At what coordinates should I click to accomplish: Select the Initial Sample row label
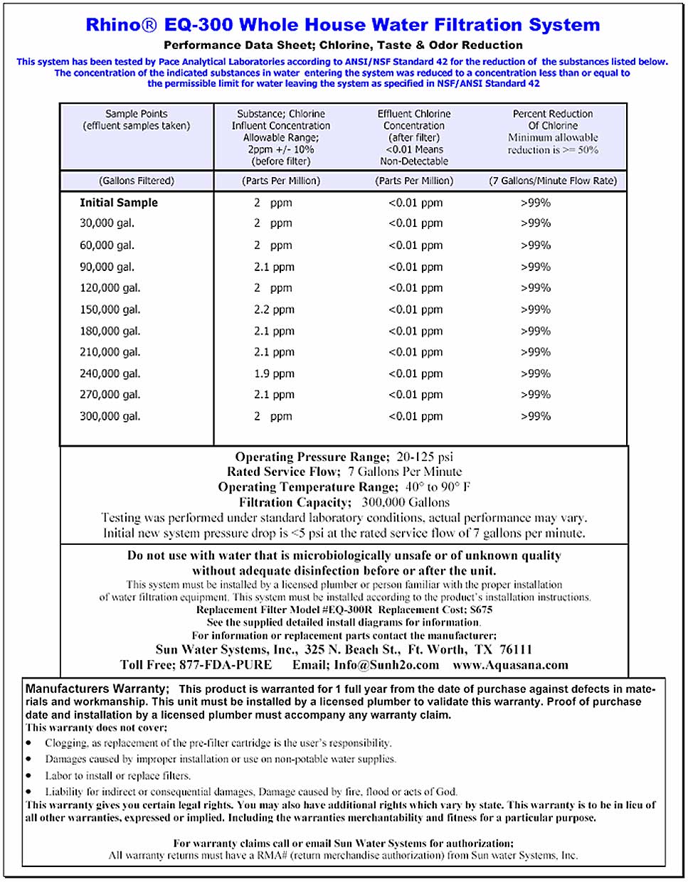pos(119,203)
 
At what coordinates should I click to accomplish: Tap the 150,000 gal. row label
pos(110,309)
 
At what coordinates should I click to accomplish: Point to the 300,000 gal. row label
pos(110,416)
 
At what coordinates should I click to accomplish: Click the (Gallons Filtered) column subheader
pos(137,181)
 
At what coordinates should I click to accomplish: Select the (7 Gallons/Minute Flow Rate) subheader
pos(553,181)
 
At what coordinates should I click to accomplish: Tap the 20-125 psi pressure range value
pos(425,457)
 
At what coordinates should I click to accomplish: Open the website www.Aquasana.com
pos(510,665)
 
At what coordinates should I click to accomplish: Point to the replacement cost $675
pos(481,610)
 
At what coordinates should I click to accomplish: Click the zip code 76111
pos(516,649)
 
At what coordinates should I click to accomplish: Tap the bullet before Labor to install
pos(29,776)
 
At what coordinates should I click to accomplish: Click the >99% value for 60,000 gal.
pos(535,245)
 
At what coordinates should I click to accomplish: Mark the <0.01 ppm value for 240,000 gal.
pos(416,373)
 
